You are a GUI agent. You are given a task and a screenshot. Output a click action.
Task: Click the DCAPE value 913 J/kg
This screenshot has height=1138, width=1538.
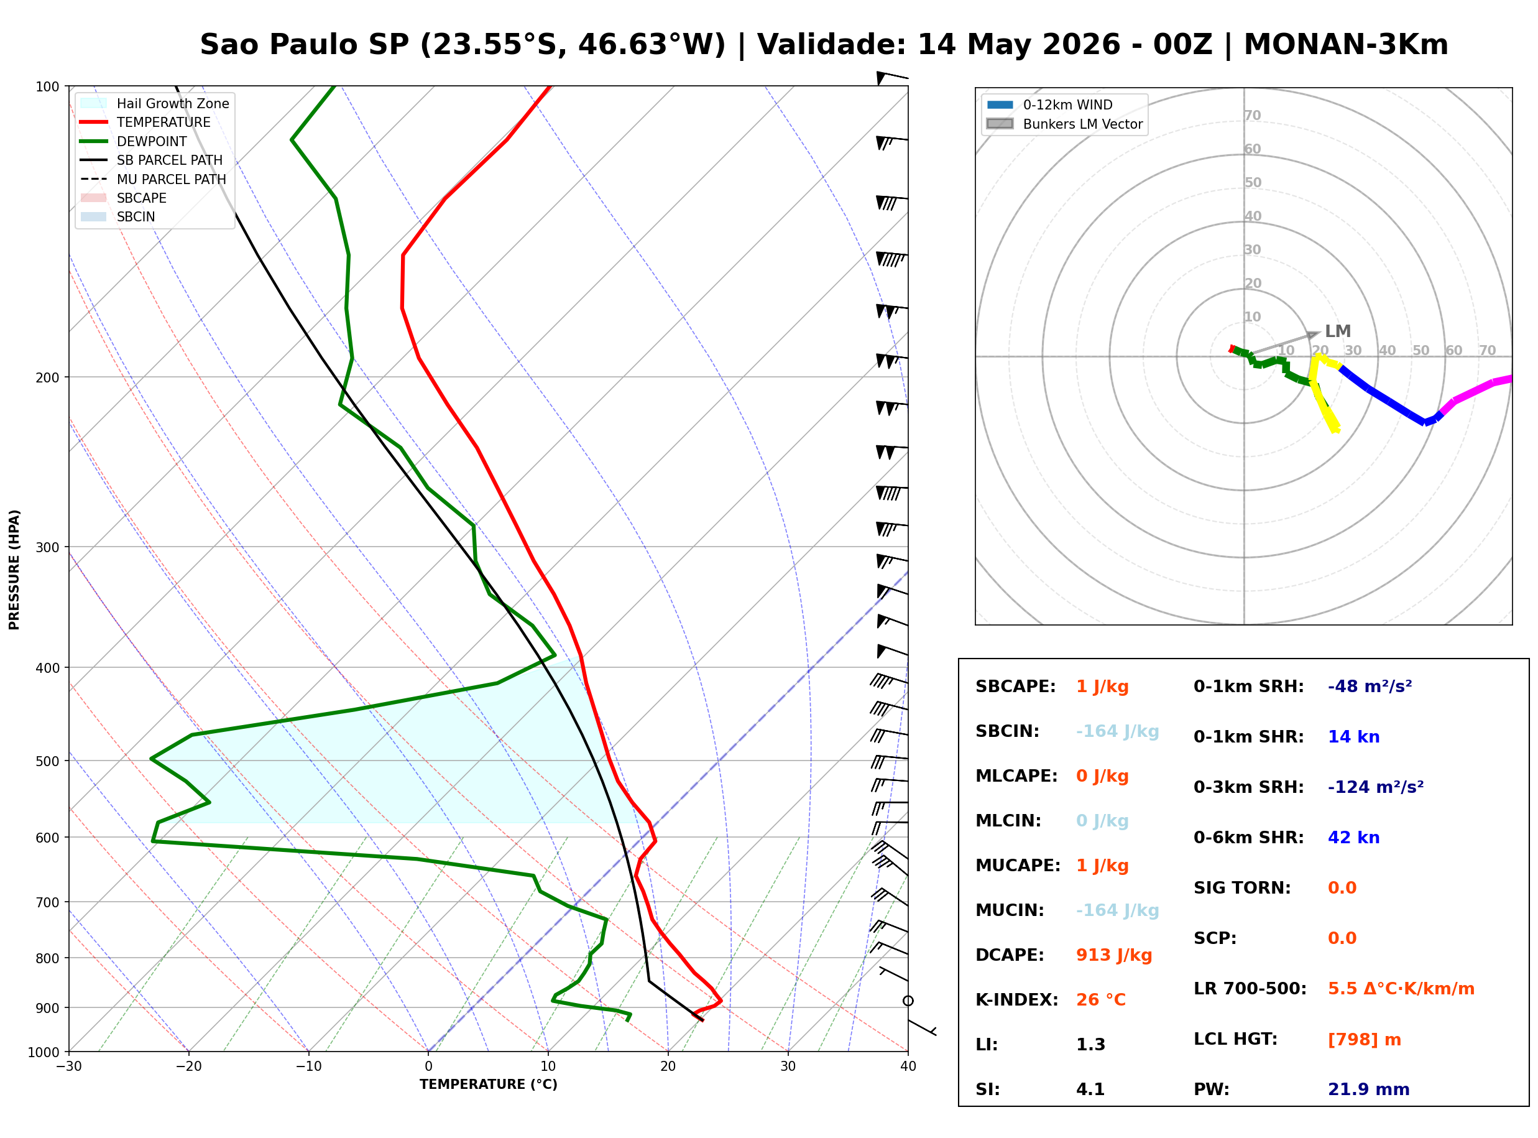[1114, 955]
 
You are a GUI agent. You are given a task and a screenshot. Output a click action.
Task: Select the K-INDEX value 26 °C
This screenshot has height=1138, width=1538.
[1101, 1000]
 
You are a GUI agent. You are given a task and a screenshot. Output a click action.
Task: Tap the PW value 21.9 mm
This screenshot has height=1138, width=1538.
[1369, 1089]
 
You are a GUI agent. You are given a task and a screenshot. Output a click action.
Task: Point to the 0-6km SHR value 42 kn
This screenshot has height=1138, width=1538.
[1353, 838]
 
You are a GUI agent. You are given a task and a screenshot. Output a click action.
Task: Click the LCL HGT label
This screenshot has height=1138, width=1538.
[1236, 1040]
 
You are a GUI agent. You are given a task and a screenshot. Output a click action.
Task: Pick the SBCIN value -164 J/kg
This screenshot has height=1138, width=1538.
[1117, 731]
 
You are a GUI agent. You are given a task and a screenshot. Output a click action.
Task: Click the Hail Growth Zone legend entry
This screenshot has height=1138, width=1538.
[155, 103]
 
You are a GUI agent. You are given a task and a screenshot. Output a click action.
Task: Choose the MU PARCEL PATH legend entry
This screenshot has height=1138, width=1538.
[153, 179]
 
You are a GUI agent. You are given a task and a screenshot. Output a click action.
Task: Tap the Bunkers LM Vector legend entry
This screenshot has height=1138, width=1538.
[1064, 124]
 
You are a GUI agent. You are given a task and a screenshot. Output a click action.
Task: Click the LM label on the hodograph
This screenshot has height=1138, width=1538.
[1338, 331]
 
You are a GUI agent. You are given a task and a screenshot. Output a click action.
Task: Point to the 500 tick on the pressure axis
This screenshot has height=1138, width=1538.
[47, 761]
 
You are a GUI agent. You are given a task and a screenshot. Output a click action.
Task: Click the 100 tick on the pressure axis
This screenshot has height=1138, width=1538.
[47, 86]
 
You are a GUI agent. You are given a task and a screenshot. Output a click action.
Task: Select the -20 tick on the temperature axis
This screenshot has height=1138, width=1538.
[188, 1066]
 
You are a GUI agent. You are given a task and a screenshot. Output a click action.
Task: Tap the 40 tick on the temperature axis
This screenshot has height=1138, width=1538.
[908, 1066]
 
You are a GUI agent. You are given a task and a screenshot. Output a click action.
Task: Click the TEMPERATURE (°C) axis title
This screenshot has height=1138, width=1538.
[488, 1085]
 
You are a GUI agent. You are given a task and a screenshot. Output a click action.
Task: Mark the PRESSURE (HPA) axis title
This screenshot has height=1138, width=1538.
[14, 569]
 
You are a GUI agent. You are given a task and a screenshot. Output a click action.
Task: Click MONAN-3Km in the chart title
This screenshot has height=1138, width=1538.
[1346, 45]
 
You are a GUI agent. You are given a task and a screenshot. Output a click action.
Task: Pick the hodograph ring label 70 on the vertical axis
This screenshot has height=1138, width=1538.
[1252, 115]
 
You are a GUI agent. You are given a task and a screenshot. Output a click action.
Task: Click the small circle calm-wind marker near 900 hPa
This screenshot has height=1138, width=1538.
[908, 1001]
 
